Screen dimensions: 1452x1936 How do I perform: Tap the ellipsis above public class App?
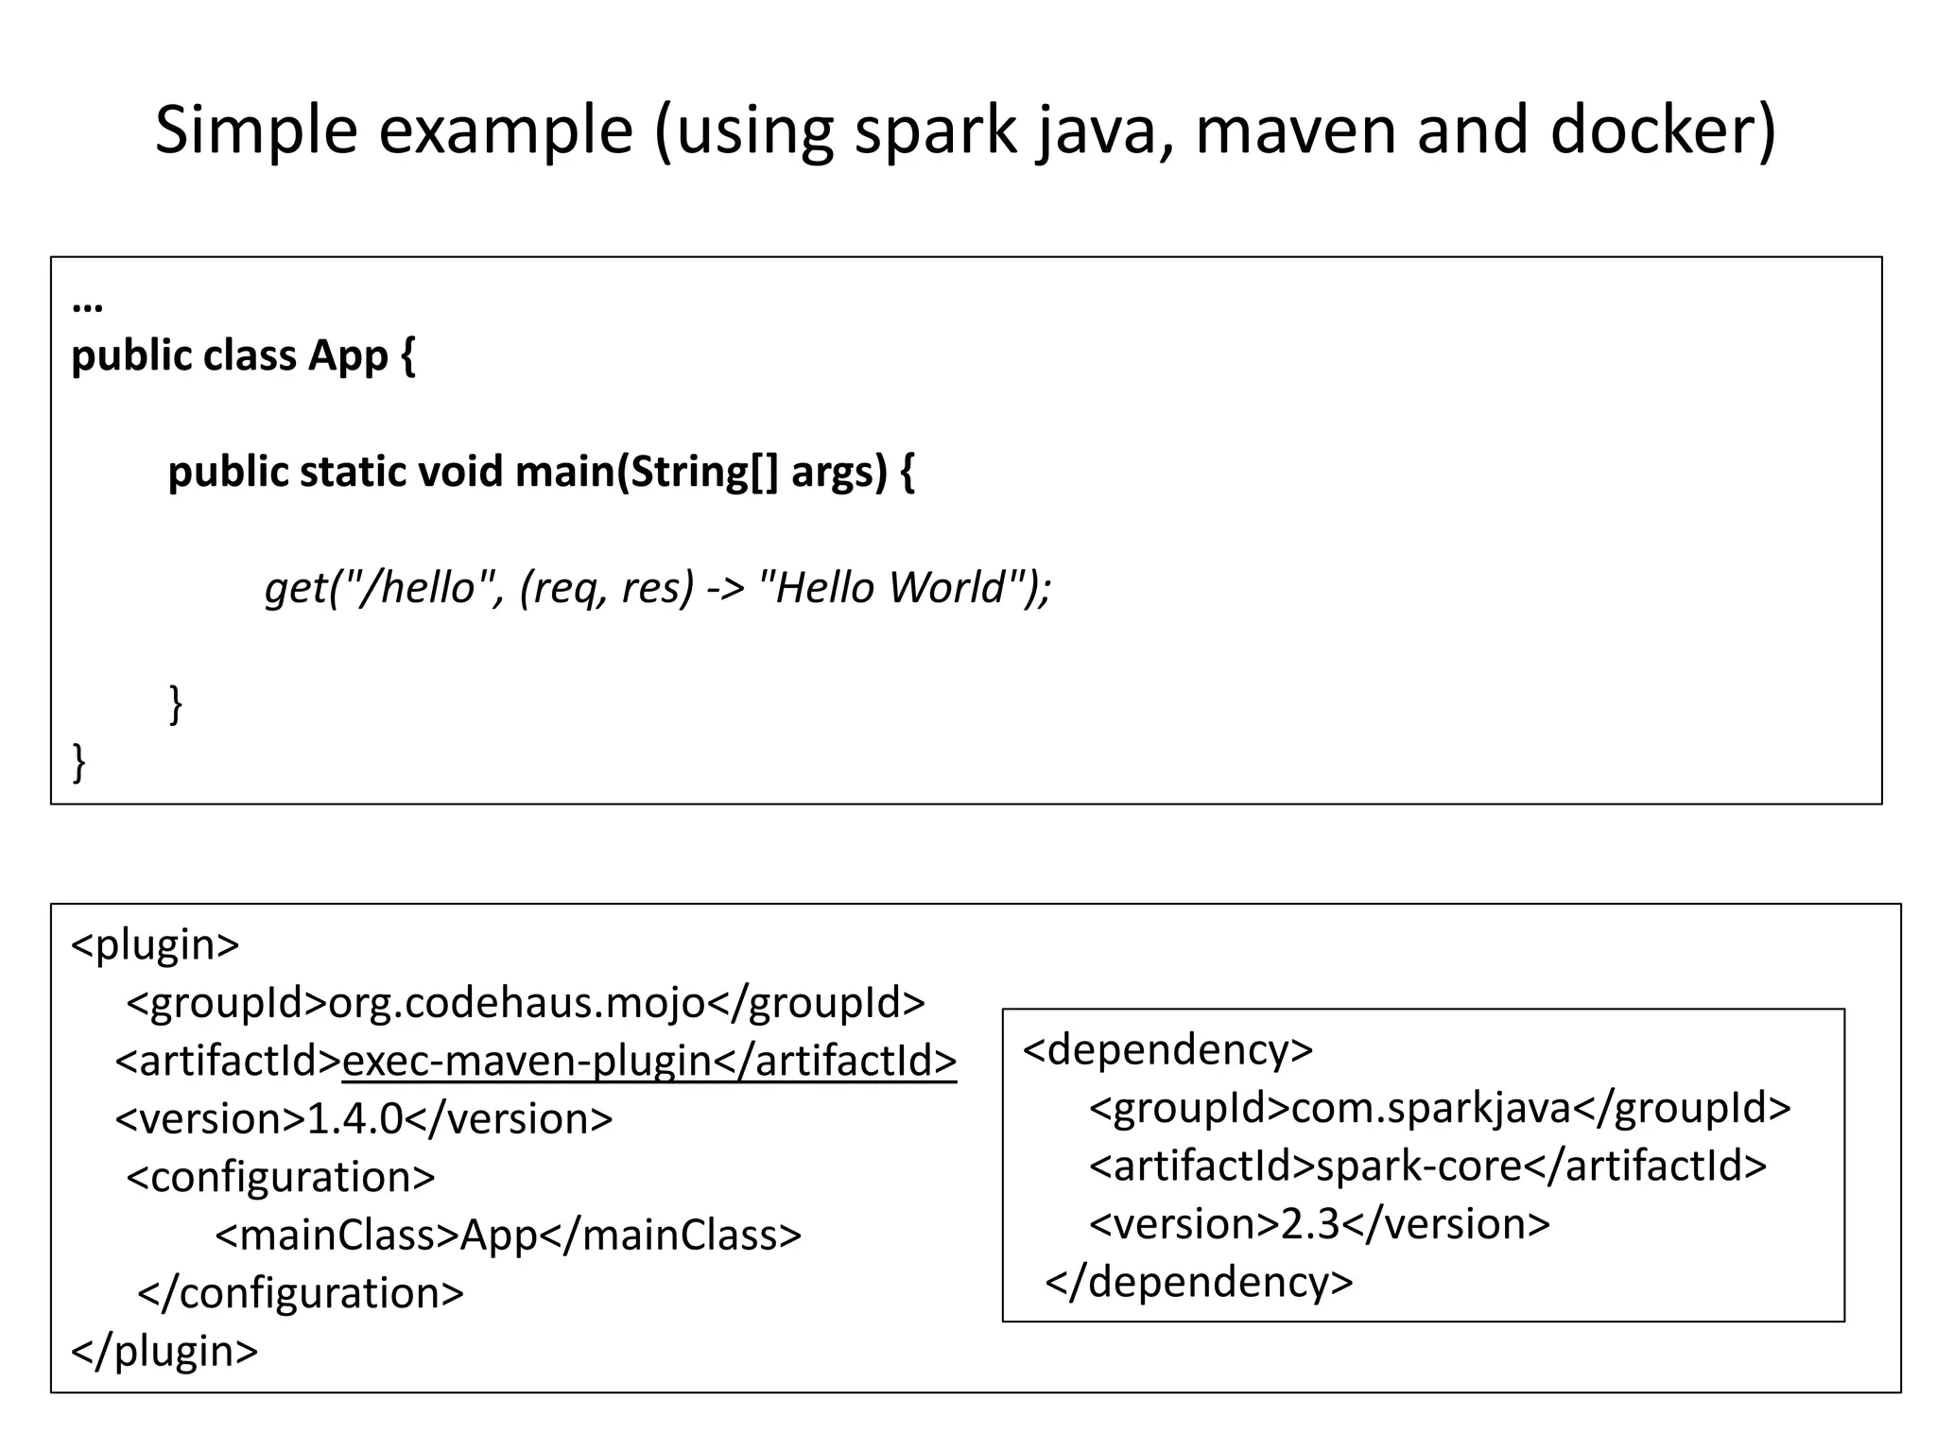tap(87, 304)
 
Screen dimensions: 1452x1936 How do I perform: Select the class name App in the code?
tap(348, 356)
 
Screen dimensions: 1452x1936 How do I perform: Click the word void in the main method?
tap(459, 471)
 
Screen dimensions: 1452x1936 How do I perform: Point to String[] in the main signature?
tap(704, 471)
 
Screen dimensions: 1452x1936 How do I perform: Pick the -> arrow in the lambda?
tap(726, 587)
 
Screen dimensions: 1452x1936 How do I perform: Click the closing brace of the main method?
tap(175, 703)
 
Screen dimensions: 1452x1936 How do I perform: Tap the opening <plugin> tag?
tap(155, 944)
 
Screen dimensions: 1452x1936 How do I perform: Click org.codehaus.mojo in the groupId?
tap(516, 1003)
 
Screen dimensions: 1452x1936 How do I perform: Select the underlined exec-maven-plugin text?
tap(527, 1061)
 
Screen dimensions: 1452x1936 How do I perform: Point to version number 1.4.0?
tap(355, 1119)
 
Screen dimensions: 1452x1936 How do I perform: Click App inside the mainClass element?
tap(498, 1236)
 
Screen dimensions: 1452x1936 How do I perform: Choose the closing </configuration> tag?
tap(301, 1293)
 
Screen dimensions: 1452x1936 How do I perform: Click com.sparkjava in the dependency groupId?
tap(1430, 1108)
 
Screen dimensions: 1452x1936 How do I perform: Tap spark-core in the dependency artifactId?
tap(1418, 1166)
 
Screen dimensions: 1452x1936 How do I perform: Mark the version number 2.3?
tap(1310, 1224)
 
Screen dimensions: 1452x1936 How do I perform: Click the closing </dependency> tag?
tap(1199, 1283)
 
